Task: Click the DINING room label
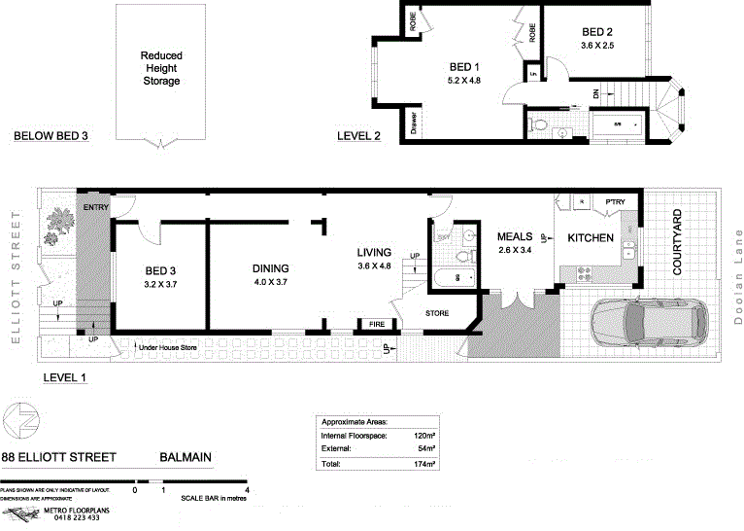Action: click(x=272, y=268)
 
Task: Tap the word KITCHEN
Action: click(x=591, y=237)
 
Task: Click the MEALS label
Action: click(x=515, y=236)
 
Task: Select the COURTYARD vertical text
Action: click(x=678, y=240)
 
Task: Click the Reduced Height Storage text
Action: click(x=160, y=68)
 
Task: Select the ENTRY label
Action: click(x=96, y=208)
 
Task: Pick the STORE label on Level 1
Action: click(x=436, y=313)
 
